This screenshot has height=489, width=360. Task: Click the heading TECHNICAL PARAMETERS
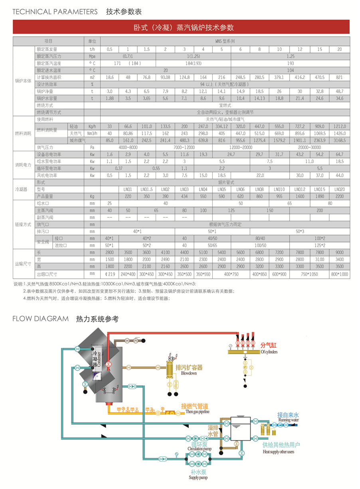pos(55,12)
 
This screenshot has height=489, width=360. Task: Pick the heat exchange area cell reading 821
pos(340,77)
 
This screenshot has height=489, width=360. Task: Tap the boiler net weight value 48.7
pos(340,91)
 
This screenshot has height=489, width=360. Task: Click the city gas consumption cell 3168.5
pos(340,140)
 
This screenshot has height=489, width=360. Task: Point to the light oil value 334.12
pos(222,126)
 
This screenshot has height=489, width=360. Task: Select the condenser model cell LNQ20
pos(340,189)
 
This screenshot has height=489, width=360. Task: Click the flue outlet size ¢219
pos(109,274)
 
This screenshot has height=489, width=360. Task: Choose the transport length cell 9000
pos(340,252)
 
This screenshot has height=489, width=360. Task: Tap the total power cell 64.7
pos(340,154)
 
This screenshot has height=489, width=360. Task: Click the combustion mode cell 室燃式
pos(225,105)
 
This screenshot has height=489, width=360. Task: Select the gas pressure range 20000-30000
pos(310,148)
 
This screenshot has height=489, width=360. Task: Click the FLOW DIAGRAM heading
pos(41,319)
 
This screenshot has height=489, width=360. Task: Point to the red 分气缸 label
pos(268,345)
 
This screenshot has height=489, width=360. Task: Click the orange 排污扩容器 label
pos(189,367)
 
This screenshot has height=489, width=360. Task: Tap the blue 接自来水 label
pos(288,415)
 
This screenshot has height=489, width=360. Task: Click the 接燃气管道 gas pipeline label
pos(195,406)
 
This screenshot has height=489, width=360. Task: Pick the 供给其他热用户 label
pos(281,445)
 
